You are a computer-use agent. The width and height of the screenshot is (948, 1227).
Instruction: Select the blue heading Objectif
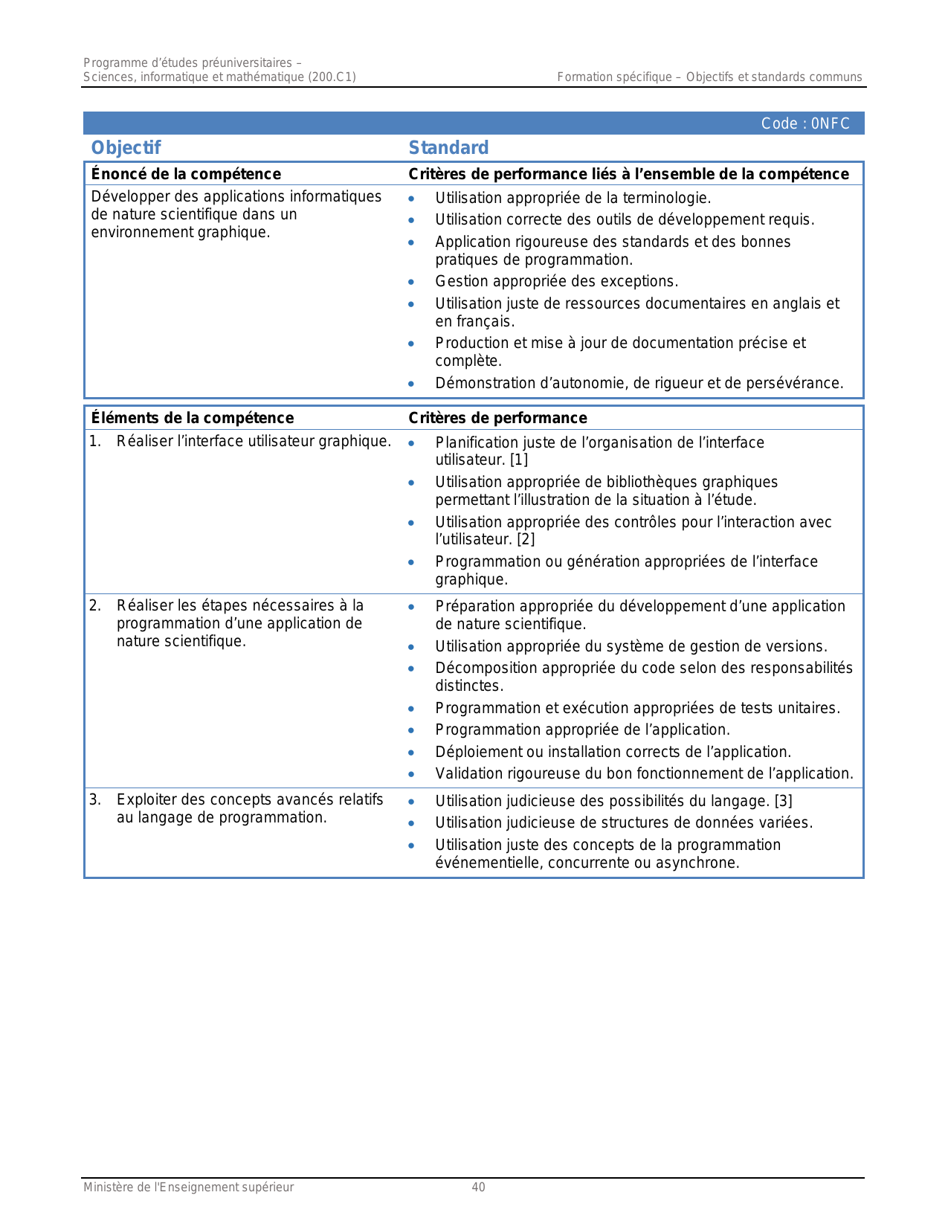coord(126,148)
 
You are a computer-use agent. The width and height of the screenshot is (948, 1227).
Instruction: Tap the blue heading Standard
coord(448,148)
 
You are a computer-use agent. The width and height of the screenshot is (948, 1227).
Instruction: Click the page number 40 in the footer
coord(478,1188)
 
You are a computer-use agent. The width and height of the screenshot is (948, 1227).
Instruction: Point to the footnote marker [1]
coord(519,460)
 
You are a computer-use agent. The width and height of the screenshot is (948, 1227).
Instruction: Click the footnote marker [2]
coord(526,539)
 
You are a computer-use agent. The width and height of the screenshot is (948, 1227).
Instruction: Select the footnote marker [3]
coord(783,801)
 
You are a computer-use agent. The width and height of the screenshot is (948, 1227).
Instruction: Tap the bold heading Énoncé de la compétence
coord(186,174)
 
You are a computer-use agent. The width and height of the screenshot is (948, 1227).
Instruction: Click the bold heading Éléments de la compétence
coord(192,418)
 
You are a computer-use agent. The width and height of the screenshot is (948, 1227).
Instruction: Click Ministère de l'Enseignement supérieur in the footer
coord(188,1188)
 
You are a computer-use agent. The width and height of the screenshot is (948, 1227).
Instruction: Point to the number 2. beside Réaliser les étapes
coord(95,605)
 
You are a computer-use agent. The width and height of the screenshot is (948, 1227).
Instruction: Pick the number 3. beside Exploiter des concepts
coord(95,799)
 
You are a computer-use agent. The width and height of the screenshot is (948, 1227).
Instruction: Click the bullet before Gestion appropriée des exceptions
coord(411,282)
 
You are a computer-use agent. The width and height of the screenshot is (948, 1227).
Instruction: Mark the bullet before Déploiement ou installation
coord(411,753)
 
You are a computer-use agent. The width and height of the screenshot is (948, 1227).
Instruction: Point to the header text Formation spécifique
coord(614,77)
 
